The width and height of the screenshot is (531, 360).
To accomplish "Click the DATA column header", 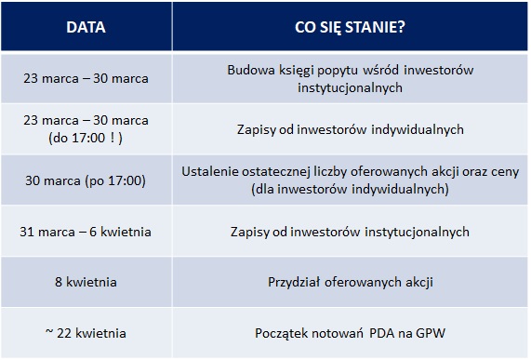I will coord(86,26).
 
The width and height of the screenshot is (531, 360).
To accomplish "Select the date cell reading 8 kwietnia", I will coord(86,281).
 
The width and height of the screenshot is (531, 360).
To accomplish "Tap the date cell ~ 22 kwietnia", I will coord(86,332).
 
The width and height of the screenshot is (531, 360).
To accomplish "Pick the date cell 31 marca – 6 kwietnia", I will coord(86,232).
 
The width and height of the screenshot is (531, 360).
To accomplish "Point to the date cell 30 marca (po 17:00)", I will coord(86,180).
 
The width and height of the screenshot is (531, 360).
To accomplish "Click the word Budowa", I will coord(248,70).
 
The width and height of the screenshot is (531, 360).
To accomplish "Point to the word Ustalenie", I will coord(218,172).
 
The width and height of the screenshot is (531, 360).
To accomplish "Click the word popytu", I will coord(325,70).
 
